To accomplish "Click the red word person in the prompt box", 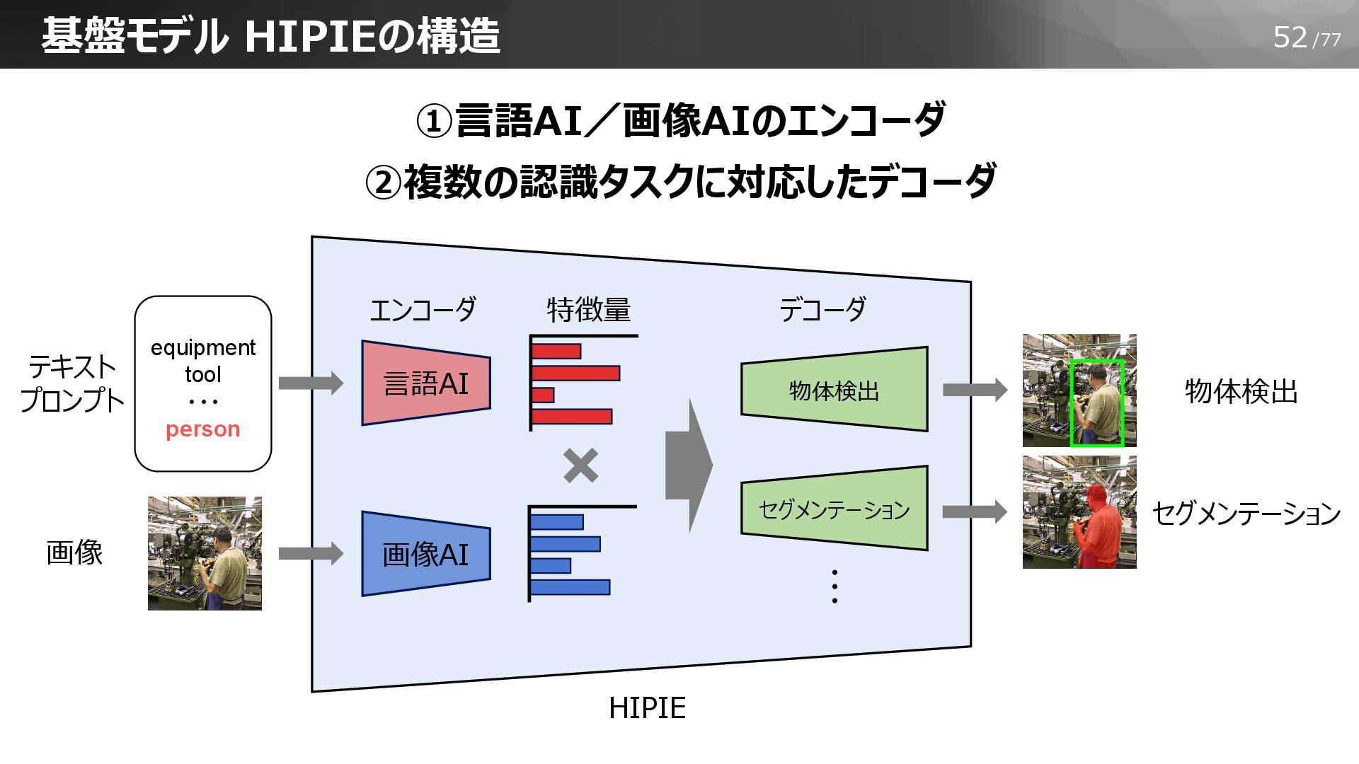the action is (x=202, y=429).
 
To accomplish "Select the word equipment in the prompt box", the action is (x=202, y=347).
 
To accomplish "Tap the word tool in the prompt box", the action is (x=202, y=374).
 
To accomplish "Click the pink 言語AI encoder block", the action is (x=425, y=383).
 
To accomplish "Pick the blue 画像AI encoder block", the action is (x=425, y=554).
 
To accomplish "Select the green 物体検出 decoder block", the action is (x=834, y=390).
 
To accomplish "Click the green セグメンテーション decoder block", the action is (x=834, y=509).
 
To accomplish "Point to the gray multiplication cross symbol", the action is (x=580, y=466).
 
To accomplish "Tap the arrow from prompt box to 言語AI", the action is (x=311, y=383).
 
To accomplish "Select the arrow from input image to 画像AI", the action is (x=311, y=553).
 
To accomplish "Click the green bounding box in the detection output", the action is (x=1096, y=403).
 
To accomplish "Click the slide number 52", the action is (x=1290, y=37).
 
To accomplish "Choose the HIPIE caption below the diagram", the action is (x=647, y=708).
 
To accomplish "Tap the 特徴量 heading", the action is (x=588, y=310).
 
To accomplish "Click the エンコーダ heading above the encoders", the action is (x=423, y=310).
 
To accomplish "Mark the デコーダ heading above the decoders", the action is (x=822, y=310).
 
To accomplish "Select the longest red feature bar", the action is (x=575, y=373).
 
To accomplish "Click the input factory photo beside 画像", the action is (x=205, y=553).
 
